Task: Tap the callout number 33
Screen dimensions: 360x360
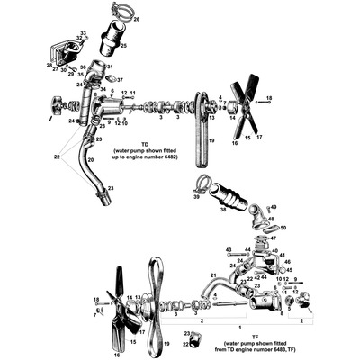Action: [x=83, y=33]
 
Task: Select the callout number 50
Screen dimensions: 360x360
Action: [x=282, y=229]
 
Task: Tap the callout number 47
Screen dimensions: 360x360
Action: [x=274, y=239]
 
